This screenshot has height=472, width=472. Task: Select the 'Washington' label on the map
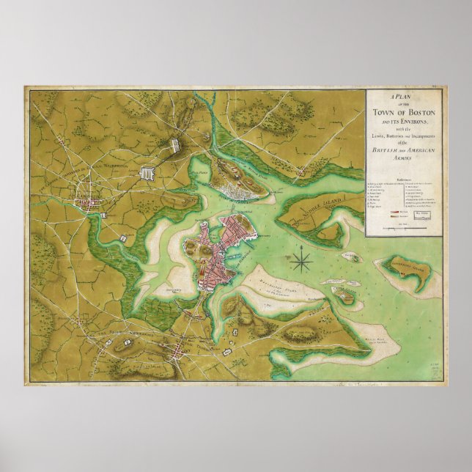[111, 166]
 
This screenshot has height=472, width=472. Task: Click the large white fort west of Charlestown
[148, 174]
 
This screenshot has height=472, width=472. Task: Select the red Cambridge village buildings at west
[89, 200]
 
